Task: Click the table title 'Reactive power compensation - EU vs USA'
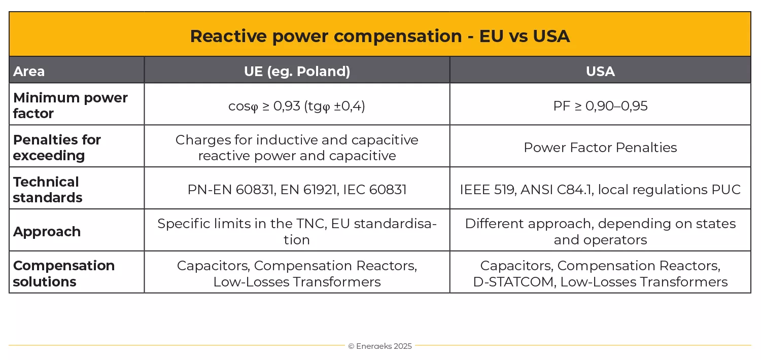379,36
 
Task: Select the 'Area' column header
29,71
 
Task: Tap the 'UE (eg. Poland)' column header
297,71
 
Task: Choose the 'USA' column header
600,71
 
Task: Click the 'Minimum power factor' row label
70,105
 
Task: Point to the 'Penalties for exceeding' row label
57,148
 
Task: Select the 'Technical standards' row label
47,190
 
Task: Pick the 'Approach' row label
47,232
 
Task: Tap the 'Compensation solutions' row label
63,274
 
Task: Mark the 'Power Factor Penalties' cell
600,148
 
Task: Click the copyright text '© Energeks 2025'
380,346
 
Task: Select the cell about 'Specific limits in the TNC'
297,231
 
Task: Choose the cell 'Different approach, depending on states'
600,231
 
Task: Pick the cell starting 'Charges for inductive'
297,148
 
